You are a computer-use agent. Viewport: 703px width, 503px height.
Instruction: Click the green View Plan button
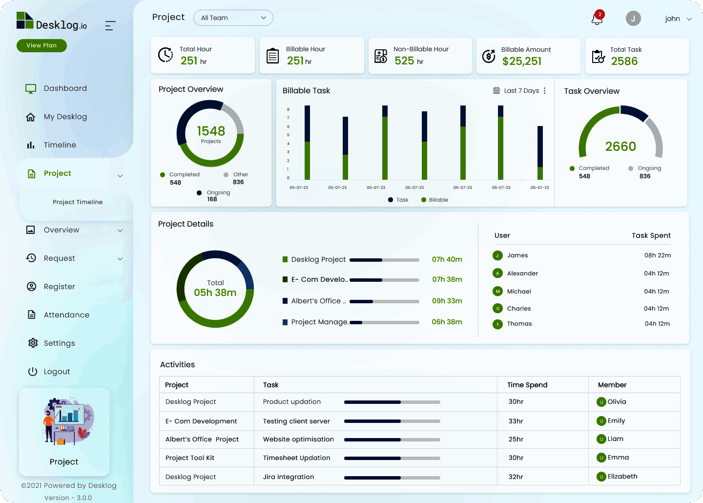tap(41, 45)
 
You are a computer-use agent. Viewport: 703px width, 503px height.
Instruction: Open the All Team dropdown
tap(233, 18)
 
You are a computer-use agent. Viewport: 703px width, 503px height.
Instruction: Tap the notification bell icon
tap(597, 19)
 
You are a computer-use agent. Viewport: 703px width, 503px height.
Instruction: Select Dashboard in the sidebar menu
tap(65, 88)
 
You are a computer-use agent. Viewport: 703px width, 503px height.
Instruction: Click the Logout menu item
tap(57, 372)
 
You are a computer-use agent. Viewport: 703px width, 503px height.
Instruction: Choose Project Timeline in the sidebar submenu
tap(78, 202)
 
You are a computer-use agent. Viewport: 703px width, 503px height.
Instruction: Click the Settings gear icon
tap(33, 343)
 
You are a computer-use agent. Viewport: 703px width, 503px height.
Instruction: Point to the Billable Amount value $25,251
tap(522, 62)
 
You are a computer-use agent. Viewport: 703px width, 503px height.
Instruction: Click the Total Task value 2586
tap(624, 62)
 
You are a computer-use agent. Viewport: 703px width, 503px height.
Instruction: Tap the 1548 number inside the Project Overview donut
tap(211, 131)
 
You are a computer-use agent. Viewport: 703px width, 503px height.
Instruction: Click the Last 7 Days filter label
tap(521, 91)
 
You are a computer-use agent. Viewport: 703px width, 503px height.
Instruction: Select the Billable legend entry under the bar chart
tap(438, 200)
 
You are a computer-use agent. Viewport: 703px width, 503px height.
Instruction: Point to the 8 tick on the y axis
tap(288, 109)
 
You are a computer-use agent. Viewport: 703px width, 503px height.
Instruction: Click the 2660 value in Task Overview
tap(620, 147)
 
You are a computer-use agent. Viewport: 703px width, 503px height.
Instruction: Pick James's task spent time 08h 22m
tap(657, 255)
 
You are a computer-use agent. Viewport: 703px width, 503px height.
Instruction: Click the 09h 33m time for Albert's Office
tap(447, 301)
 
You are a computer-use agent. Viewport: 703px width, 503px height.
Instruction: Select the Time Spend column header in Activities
tap(527, 385)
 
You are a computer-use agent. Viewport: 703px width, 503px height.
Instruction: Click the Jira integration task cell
tap(289, 477)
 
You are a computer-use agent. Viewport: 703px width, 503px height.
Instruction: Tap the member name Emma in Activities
tap(618, 458)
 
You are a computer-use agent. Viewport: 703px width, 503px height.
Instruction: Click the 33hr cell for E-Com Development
tap(516, 421)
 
